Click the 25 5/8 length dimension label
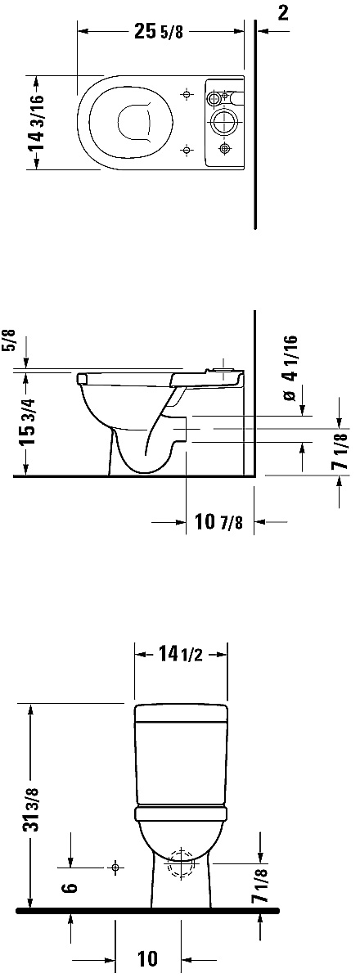coord(159,33)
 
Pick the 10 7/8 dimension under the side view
coord(218,521)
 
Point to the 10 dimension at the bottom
coord(147,958)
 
